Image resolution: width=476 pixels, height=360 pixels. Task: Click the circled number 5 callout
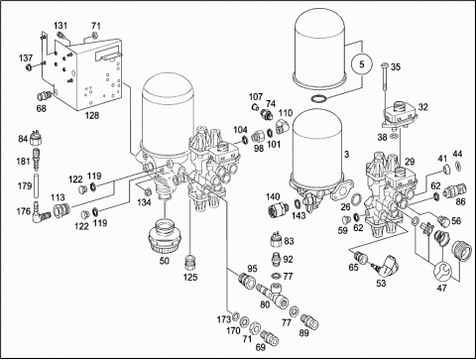click(x=362, y=64)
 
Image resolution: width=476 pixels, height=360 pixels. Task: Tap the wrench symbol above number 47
click(x=442, y=271)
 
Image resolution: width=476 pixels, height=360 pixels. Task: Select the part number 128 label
click(x=92, y=115)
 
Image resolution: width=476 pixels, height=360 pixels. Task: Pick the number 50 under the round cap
click(x=165, y=261)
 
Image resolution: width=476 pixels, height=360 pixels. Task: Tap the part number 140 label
click(x=273, y=197)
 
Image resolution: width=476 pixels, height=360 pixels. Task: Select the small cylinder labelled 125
click(x=190, y=262)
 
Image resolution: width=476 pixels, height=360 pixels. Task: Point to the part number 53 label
click(x=381, y=283)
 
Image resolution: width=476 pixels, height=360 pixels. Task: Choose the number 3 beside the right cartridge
click(x=346, y=154)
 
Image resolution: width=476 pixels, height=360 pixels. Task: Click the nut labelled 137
click(x=29, y=67)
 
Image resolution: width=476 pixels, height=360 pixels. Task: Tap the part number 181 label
click(x=23, y=162)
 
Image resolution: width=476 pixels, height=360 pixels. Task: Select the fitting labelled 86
click(x=455, y=190)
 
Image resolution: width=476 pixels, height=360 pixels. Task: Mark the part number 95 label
click(x=252, y=269)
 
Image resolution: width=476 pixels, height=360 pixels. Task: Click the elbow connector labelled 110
click(x=282, y=127)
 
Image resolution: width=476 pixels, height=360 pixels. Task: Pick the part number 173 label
click(x=224, y=319)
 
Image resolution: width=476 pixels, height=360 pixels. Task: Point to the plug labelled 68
click(x=45, y=96)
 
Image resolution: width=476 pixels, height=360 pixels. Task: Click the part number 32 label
click(x=423, y=107)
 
